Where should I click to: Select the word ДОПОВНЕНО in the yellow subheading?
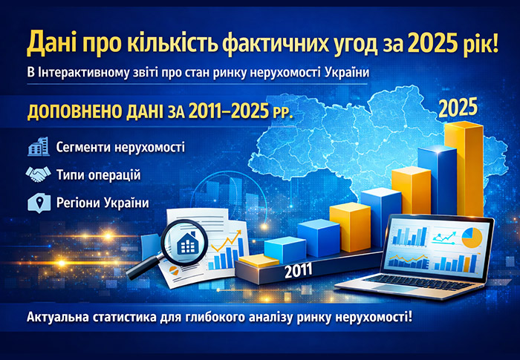73,115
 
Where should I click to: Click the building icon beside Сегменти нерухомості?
37,146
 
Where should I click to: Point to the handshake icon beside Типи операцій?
37,174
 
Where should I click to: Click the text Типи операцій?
99,174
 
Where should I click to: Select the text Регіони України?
102,202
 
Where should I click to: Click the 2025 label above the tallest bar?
458,109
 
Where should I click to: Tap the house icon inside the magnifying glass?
186,239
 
